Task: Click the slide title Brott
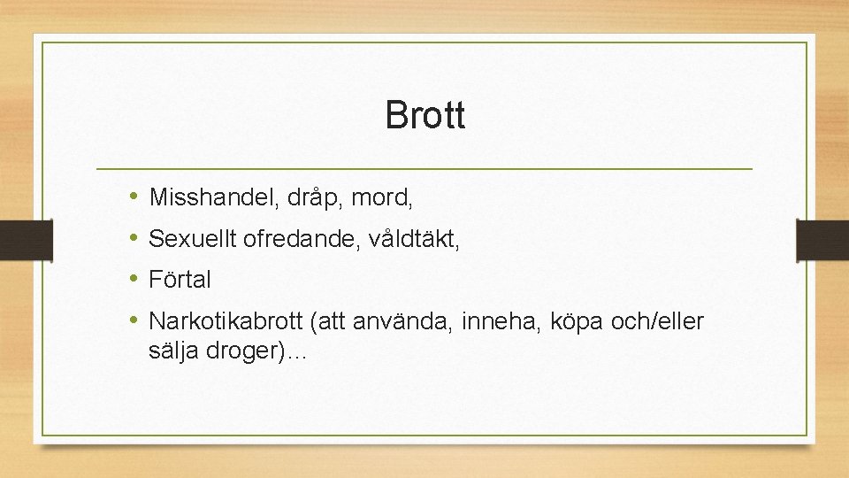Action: click(424, 115)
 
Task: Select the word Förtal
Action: click(180, 280)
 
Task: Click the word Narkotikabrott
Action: click(226, 321)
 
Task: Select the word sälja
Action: click(175, 351)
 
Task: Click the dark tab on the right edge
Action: click(823, 239)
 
